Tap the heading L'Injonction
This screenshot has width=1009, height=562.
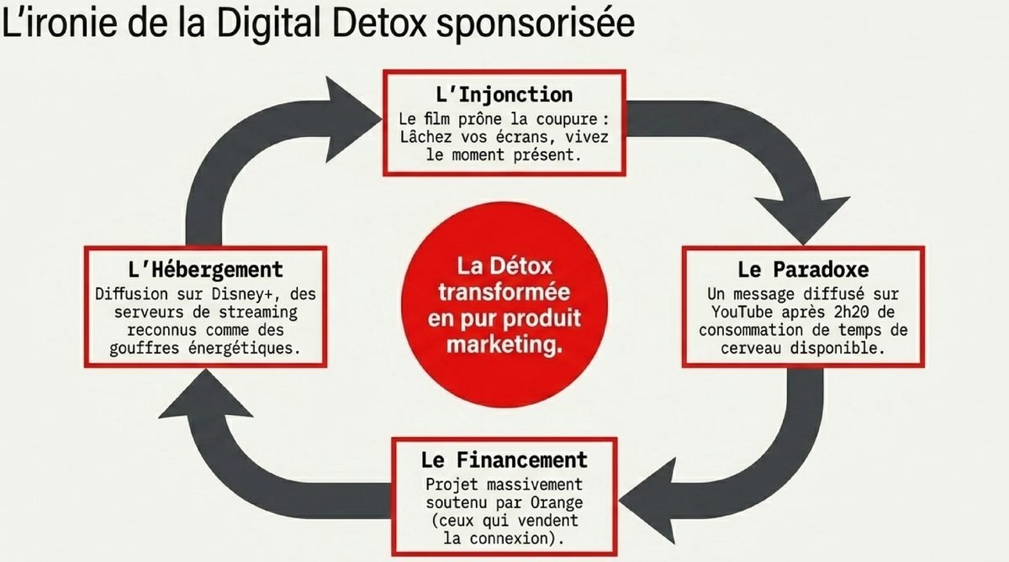(504, 93)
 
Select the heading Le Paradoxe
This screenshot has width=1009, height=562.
(803, 270)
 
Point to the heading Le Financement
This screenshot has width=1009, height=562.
(504, 460)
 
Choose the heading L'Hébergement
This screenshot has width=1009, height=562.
(204, 270)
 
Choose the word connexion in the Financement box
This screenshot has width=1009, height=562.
(521, 537)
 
